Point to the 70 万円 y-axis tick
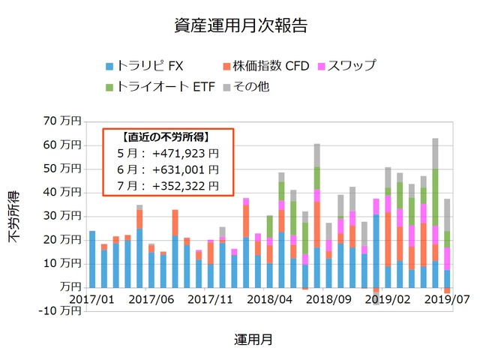click(x=62, y=121)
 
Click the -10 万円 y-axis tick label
click(x=60, y=311)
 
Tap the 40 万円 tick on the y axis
click(x=62, y=192)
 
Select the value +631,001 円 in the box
click(x=184, y=169)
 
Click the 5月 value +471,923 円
click(x=184, y=154)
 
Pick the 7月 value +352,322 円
click(x=184, y=185)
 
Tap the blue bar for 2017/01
click(x=92, y=259)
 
